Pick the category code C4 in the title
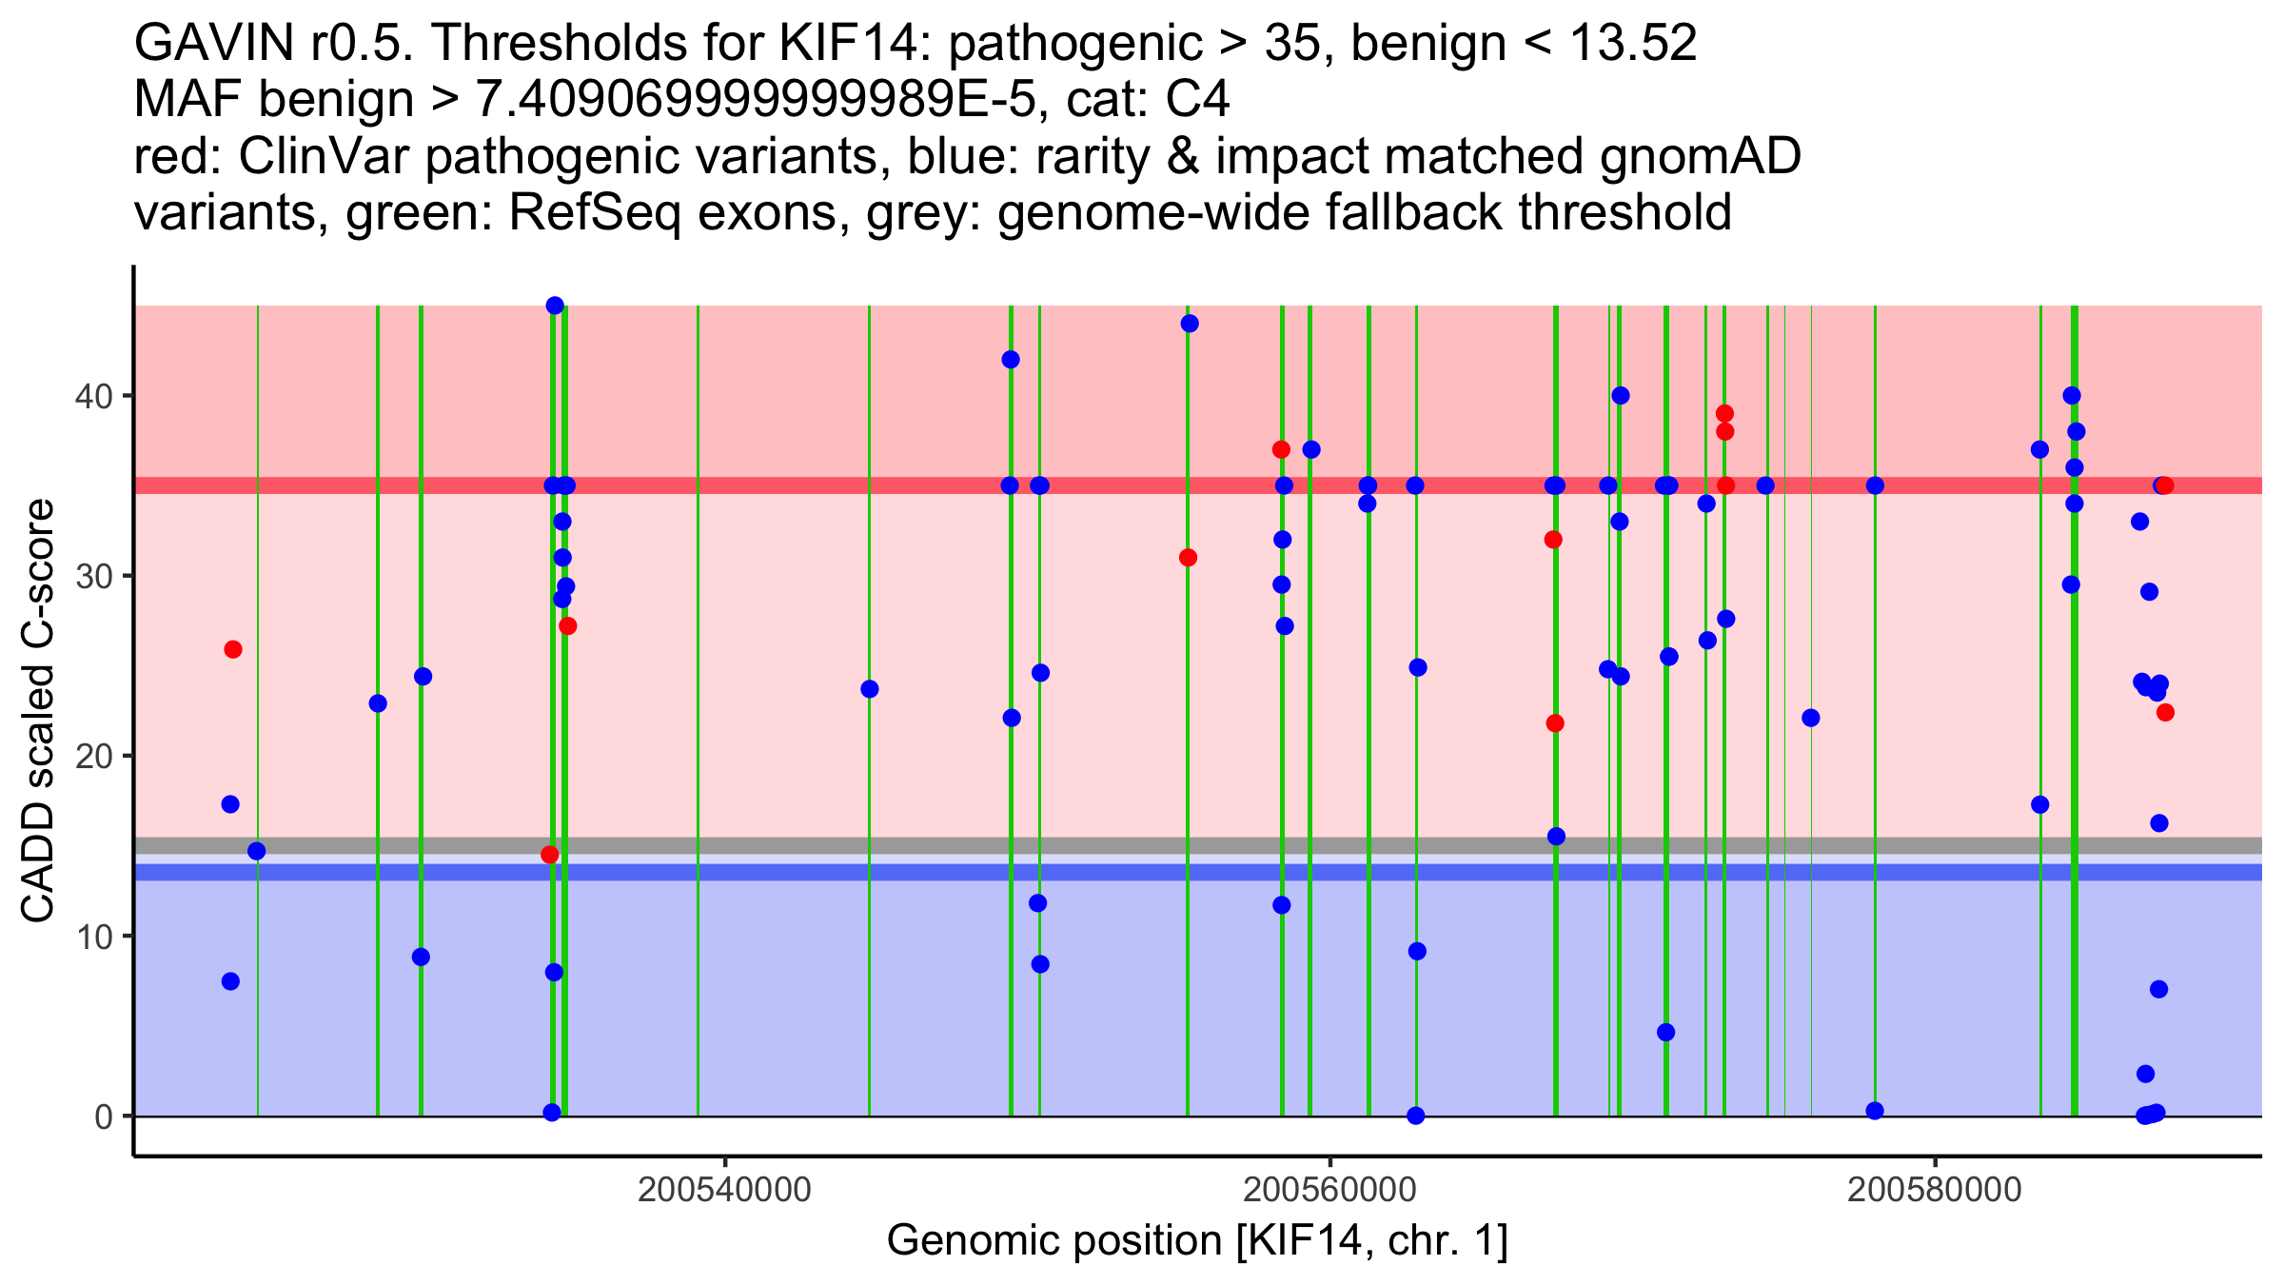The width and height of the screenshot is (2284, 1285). tap(1197, 100)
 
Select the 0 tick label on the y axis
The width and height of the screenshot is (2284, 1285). tap(104, 1117)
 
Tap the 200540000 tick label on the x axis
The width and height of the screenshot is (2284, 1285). tap(725, 1190)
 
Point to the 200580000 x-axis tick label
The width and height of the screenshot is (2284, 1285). tap(1934, 1190)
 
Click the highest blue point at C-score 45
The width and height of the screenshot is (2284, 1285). tap(555, 306)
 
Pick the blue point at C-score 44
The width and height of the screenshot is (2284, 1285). tap(1190, 324)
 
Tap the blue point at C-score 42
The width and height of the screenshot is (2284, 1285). tap(1011, 360)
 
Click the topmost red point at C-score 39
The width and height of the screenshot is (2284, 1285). tap(1724, 414)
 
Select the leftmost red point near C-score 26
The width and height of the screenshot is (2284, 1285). tap(233, 650)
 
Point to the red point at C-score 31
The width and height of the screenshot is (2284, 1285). tap(1188, 558)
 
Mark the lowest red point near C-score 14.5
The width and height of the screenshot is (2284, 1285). tap(549, 855)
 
